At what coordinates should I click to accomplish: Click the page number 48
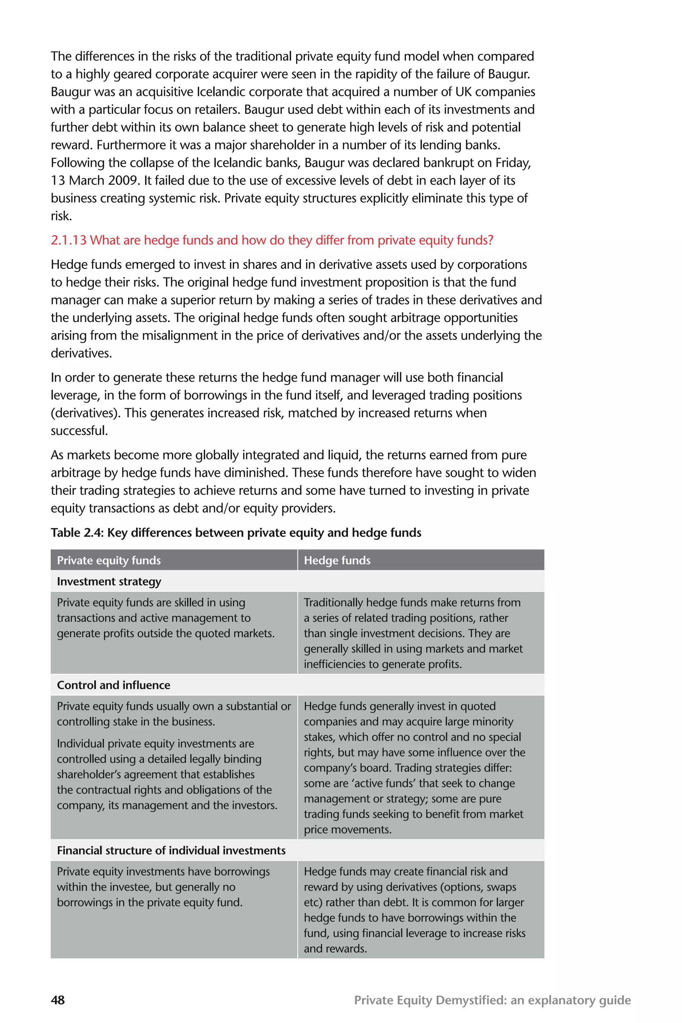[x=58, y=1000]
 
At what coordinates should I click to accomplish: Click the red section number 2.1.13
[x=69, y=240]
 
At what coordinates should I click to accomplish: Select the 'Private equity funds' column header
[x=109, y=560]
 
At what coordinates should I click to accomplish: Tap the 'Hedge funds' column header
[x=337, y=560]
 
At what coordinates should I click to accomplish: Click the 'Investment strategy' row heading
[x=109, y=581]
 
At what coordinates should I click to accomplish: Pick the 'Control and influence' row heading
[x=114, y=685]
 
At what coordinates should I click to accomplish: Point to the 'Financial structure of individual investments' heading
[x=171, y=850]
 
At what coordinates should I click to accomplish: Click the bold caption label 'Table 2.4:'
[x=77, y=533]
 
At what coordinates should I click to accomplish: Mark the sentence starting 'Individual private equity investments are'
[x=155, y=744]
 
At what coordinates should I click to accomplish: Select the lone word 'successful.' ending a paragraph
[x=79, y=431]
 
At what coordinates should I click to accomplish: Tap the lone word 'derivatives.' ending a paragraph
[x=81, y=353]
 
